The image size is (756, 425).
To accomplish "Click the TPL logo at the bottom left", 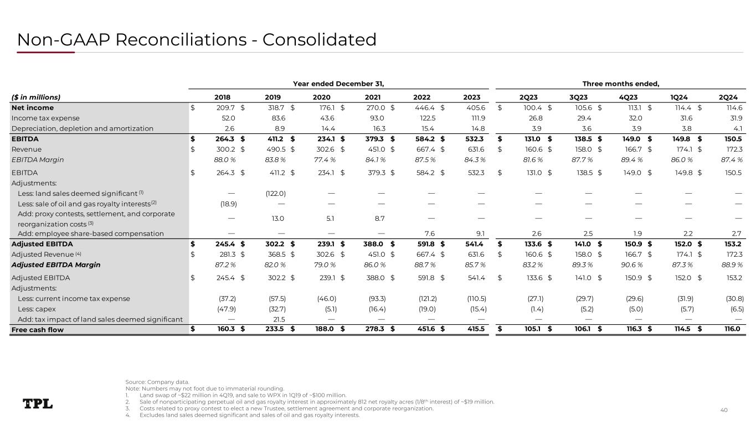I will [x=38, y=404].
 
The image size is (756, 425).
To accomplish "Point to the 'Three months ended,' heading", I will [x=620, y=84].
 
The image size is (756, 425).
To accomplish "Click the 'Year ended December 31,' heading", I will [x=338, y=84].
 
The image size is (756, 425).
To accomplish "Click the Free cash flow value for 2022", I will [x=425, y=330].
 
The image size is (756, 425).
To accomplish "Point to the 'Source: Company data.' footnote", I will [x=157, y=382].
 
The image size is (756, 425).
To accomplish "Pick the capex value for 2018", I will [x=227, y=309].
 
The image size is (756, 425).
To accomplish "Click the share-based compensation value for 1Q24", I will [x=685, y=234].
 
